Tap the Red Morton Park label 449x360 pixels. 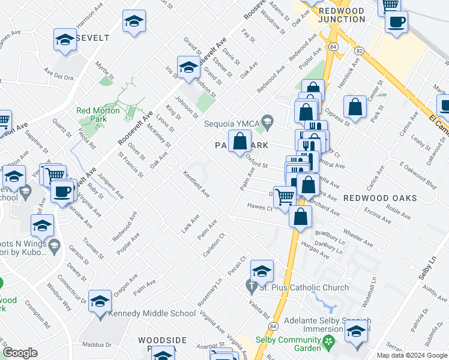click(98, 115)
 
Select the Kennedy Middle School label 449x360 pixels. click(153, 313)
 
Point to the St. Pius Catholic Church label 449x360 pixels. click(304, 287)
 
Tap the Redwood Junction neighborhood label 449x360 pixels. click(342, 15)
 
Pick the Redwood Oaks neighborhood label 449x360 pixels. click(376, 197)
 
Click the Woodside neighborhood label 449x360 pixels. click(162, 341)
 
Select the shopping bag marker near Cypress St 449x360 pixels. click(355, 107)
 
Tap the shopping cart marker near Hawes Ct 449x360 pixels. click(285, 195)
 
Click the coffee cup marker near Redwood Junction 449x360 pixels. click(396, 22)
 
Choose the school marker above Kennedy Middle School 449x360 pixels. click(100, 301)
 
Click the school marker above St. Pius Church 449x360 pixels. click(262, 271)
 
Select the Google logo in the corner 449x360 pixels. click(20, 353)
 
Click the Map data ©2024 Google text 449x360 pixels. click(412, 355)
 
